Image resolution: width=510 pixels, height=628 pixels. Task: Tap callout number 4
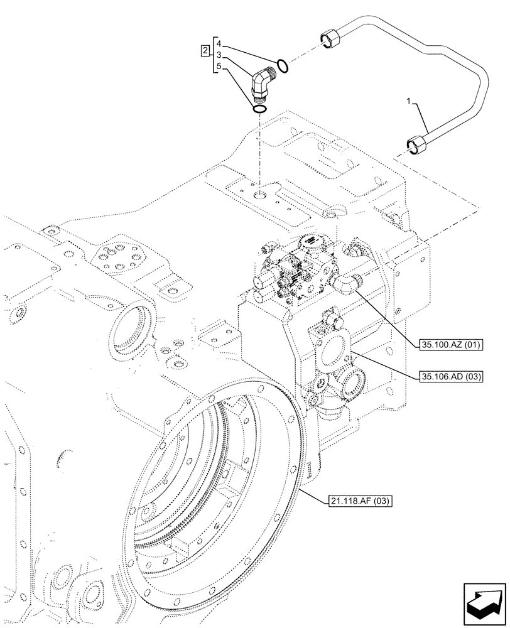tap(218, 43)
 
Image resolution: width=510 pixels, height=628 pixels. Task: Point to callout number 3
tap(218, 55)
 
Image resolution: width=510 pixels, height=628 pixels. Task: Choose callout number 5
tap(218, 67)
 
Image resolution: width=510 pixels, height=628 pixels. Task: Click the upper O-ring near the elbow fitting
tap(283, 65)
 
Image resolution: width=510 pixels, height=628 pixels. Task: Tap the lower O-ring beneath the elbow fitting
tap(259, 110)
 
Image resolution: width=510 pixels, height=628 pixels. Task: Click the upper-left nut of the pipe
tap(329, 38)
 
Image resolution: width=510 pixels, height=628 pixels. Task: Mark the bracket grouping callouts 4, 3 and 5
tap(214, 55)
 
